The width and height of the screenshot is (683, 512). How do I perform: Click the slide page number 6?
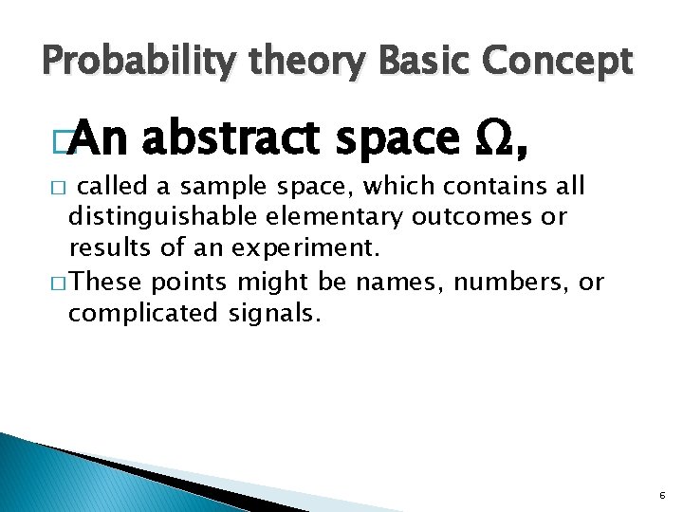[x=660, y=495]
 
